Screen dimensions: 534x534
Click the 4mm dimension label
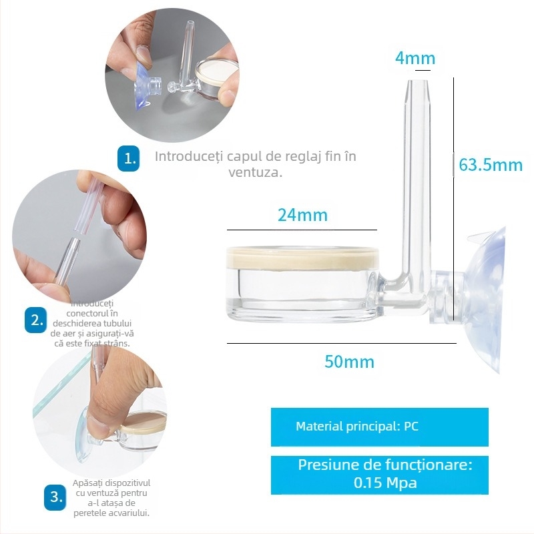coord(415,58)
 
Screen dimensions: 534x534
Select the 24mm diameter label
coord(302,215)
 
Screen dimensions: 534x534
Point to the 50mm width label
coord(349,362)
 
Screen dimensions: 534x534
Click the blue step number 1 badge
coord(128,158)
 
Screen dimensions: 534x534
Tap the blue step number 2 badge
coord(35,320)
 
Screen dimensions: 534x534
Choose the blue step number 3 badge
coord(55,497)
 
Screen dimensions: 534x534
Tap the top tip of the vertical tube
coord(415,81)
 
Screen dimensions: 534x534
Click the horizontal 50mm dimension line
coord(341,343)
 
